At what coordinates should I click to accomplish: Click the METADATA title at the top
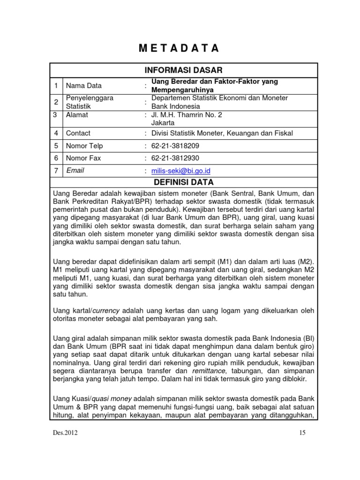180,48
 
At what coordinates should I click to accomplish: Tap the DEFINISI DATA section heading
180,181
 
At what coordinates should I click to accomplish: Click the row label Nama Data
84,85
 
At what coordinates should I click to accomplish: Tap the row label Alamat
77,114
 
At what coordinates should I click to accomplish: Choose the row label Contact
78,133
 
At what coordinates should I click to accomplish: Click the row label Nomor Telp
84,146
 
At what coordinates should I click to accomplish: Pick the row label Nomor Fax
83,158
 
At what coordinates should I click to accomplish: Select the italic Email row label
75,171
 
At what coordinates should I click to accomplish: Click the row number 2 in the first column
56,102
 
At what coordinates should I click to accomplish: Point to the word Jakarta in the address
163,122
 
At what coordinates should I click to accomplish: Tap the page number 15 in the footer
302,433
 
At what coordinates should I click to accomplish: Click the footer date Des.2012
66,433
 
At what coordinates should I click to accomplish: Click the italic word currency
108,310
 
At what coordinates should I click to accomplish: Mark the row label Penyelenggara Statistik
90,102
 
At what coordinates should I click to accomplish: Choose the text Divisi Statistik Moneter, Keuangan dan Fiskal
222,133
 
